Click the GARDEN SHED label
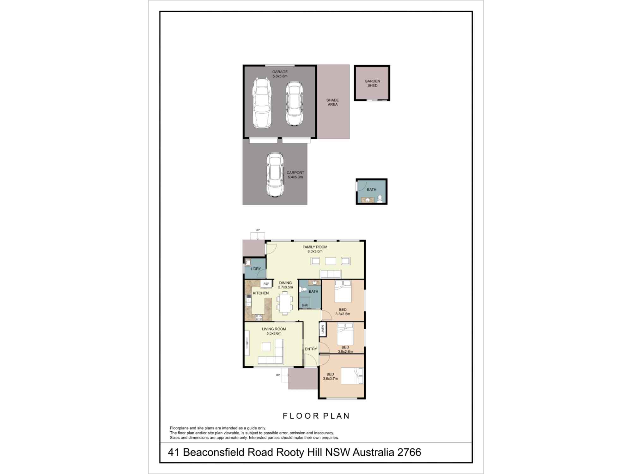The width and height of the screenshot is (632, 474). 372,83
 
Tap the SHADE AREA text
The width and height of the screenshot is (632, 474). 332,102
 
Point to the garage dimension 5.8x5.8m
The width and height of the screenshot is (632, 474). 280,76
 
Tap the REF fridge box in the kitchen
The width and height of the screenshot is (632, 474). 266,284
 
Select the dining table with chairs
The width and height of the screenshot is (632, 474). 285,303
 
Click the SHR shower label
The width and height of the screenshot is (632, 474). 305,305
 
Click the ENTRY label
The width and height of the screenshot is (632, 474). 311,349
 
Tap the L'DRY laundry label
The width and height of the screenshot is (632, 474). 256,269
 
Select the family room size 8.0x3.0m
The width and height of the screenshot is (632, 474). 315,252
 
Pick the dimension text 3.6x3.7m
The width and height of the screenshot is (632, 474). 330,379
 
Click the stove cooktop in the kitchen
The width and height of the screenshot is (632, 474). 259,317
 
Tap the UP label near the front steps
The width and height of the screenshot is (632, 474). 278,375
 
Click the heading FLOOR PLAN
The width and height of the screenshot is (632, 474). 316,416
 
